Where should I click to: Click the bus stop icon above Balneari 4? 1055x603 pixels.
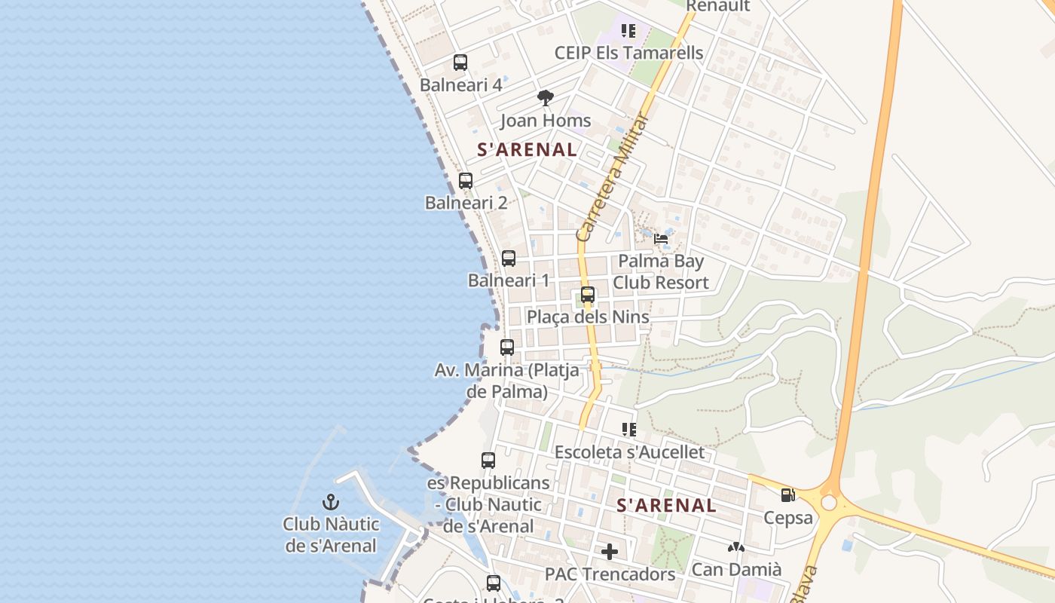tap(460, 63)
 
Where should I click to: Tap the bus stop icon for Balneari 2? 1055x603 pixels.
tap(466, 181)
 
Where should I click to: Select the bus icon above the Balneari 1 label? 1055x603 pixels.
tap(509, 259)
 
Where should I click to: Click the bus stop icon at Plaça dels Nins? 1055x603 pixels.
tap(588, 295)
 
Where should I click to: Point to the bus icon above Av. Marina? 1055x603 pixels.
tap(507, 347)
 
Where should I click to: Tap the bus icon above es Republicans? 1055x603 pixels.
tap(488, 460)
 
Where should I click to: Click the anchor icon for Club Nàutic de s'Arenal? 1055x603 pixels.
tap(330, 501)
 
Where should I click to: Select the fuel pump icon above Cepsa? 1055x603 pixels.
tap(787, 495)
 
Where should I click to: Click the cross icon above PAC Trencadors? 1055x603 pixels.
tap(610, 552)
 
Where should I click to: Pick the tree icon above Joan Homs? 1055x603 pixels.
tap(546, 98)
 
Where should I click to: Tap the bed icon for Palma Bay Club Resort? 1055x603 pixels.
tap(661, 239)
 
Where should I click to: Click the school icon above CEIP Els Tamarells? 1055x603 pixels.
tap(628, 31)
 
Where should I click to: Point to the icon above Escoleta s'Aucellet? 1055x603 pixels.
tap(629, 430)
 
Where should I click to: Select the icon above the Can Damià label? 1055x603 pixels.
tap(736, 547)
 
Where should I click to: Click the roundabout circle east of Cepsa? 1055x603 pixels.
tap(829, 503)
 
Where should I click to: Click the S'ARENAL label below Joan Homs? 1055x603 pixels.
tap(527, 149)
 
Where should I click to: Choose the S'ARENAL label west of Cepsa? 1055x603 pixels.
tap(666, 506)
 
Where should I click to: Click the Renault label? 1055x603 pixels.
tap(717, 7)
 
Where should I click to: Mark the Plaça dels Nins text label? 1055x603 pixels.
tap(588, 317)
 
